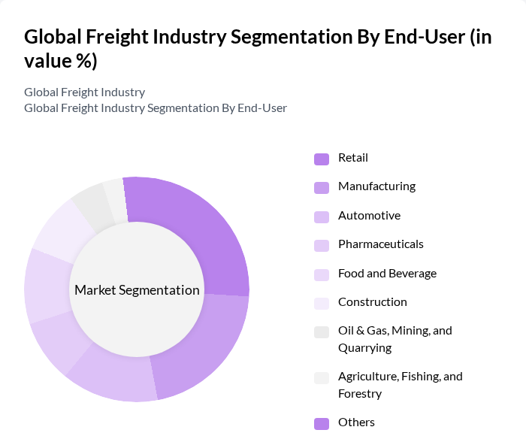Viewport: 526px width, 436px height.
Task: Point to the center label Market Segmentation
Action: (137, 290)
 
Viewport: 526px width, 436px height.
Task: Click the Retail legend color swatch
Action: (322, 159)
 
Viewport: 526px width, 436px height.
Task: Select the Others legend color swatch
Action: (322, 423)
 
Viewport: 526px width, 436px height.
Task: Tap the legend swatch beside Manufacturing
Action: (322, 187)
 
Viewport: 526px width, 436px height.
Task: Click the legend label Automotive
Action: (369, 216)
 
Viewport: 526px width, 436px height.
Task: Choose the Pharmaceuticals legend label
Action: (380, 244)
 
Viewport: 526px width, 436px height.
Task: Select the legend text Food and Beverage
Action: (387, 274)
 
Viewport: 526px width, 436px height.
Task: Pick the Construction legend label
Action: (372, 302)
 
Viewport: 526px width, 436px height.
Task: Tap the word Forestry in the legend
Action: (360, 394)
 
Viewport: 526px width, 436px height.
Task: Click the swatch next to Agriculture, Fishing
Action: (322, 377)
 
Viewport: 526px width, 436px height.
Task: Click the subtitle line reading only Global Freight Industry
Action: (84, 92)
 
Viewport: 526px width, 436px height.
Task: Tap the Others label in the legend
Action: (356, 422)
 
